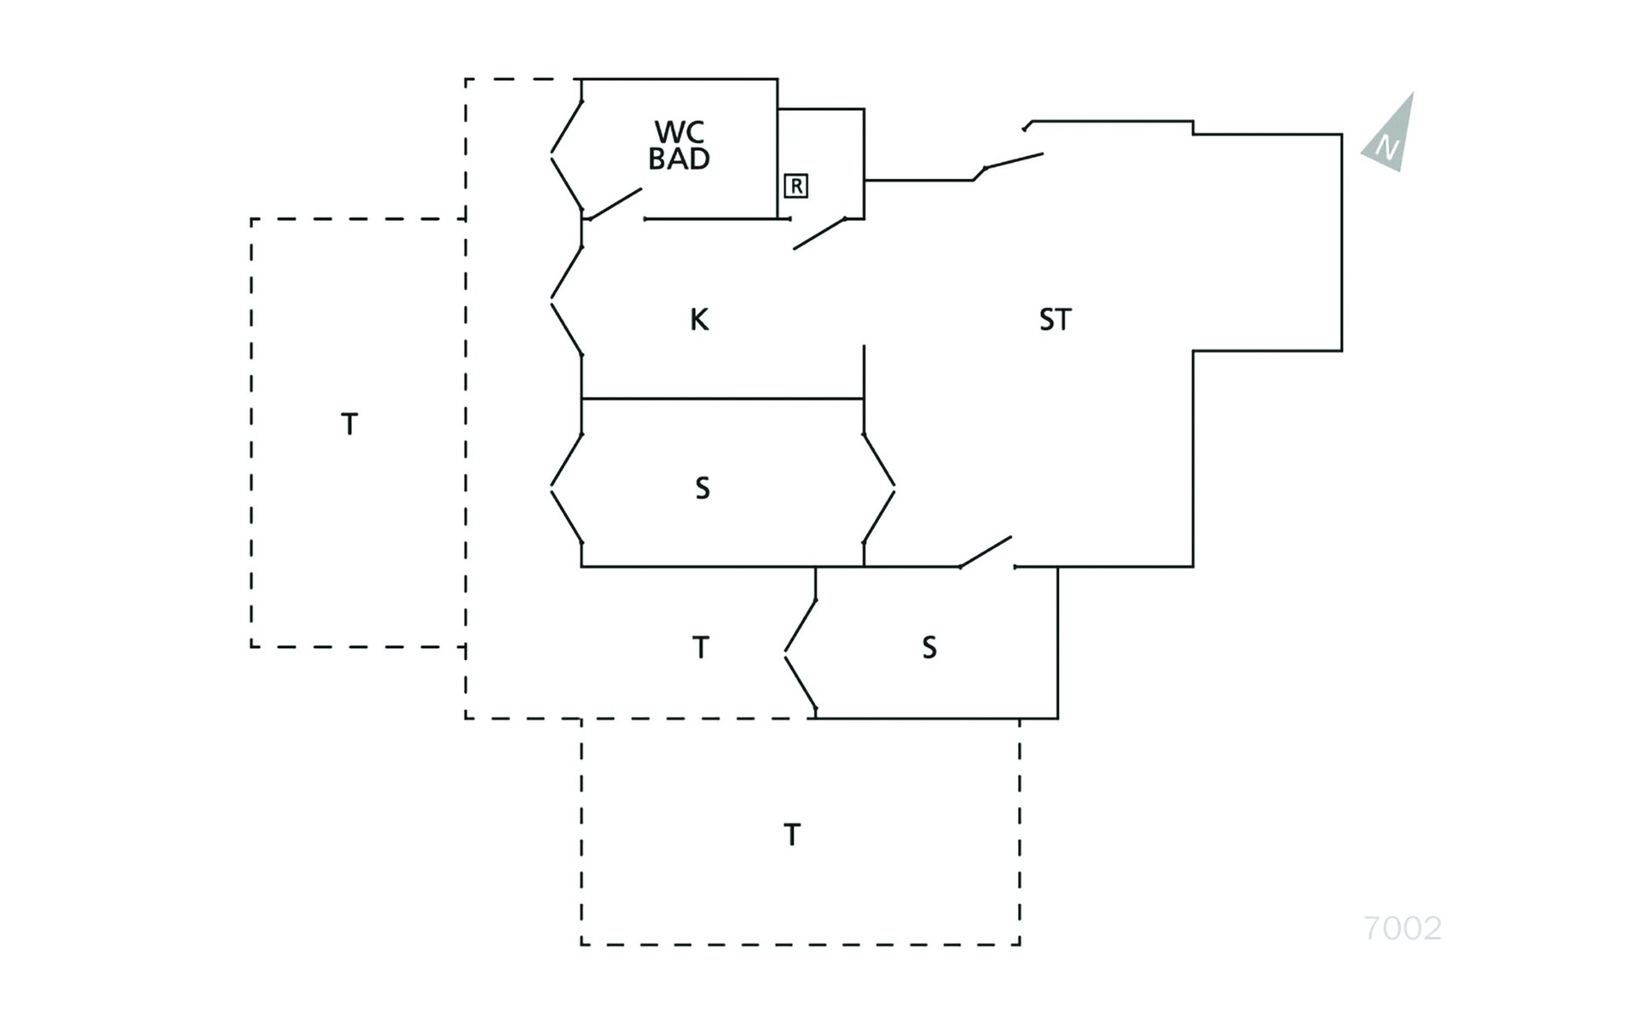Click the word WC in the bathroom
(x=680, y=132)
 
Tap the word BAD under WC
(x=679, y=159)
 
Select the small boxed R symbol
(x=795, y=186)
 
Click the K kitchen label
(x=698, y=320)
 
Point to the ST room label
(x=1055, y=320)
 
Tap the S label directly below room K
(x=702, y=488)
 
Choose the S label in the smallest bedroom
(x=929, y=648)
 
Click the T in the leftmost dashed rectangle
(x=349, y=424)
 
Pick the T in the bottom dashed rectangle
(x=791, y=835)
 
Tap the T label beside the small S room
(x=700, y=648)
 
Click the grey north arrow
(x=1390, y=136)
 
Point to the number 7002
(x=1403, y=928)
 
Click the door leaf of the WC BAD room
(x=614, y=204)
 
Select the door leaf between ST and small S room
(x=986, y=552)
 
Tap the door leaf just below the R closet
(x=819, y=234)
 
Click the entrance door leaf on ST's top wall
(x=1013, y=161)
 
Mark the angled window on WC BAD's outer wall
(x=566, y=155)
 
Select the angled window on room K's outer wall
(x=566, y=300)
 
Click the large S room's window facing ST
(x=879, y=488)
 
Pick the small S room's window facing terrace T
(x=800, y=655)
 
